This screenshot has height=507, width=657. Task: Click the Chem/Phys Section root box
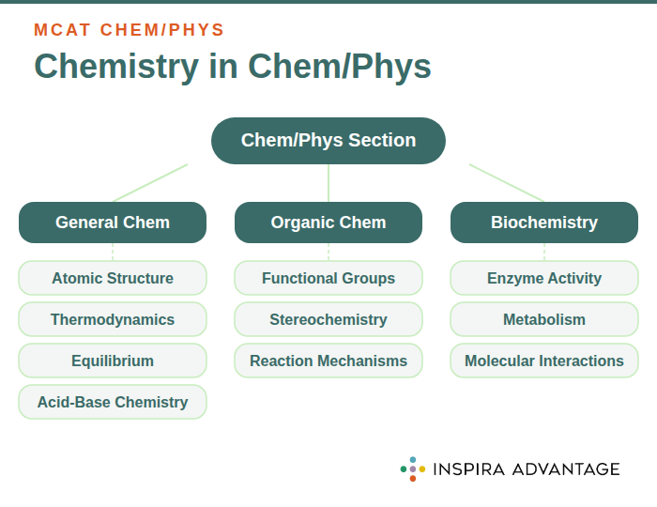[x=328, y=141]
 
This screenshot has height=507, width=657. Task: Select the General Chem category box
[x=113, y=223]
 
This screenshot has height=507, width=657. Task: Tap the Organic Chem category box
[x=328, y=223]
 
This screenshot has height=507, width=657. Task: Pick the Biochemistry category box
[x=544, y=223]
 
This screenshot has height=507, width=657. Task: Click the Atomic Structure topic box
[x=113, y=278]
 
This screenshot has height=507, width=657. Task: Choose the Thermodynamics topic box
[x=113, y=319]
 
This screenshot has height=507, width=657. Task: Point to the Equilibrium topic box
[x=113, y=361]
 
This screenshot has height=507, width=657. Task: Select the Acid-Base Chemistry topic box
[x=113, y=402]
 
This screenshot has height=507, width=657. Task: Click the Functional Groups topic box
[x=328, y=278]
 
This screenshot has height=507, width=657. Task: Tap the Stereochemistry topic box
[x=328, y=319]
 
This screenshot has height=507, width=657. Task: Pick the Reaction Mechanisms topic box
[x=328, y=361]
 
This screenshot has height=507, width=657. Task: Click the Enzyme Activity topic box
[x=544, y=278]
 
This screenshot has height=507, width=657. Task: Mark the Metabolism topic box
[x=544, y=319]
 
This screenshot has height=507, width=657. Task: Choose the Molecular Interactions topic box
[x=544, y=361]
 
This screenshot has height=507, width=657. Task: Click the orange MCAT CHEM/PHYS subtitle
[x=130, y=30]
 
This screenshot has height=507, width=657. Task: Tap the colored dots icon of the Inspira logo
[x=413, y=469]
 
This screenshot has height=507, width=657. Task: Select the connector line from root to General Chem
[x=150, y=183]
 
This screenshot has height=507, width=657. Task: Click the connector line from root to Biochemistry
[x=507, y=183]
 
